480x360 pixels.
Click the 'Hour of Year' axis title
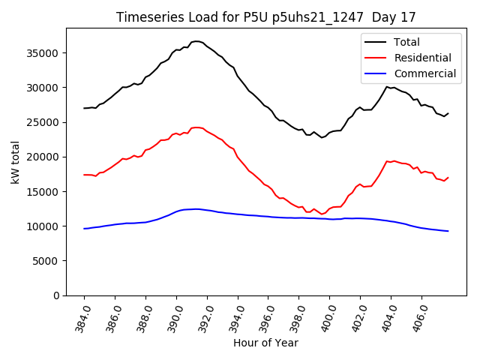(265, 343)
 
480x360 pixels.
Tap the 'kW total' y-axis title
(16, 162)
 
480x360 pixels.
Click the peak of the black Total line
(196, 41)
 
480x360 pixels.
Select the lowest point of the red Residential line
(322, 214)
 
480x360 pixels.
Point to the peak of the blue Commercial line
(196, 208)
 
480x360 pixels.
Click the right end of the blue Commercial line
(448, 231)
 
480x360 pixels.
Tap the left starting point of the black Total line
(84, 108)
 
